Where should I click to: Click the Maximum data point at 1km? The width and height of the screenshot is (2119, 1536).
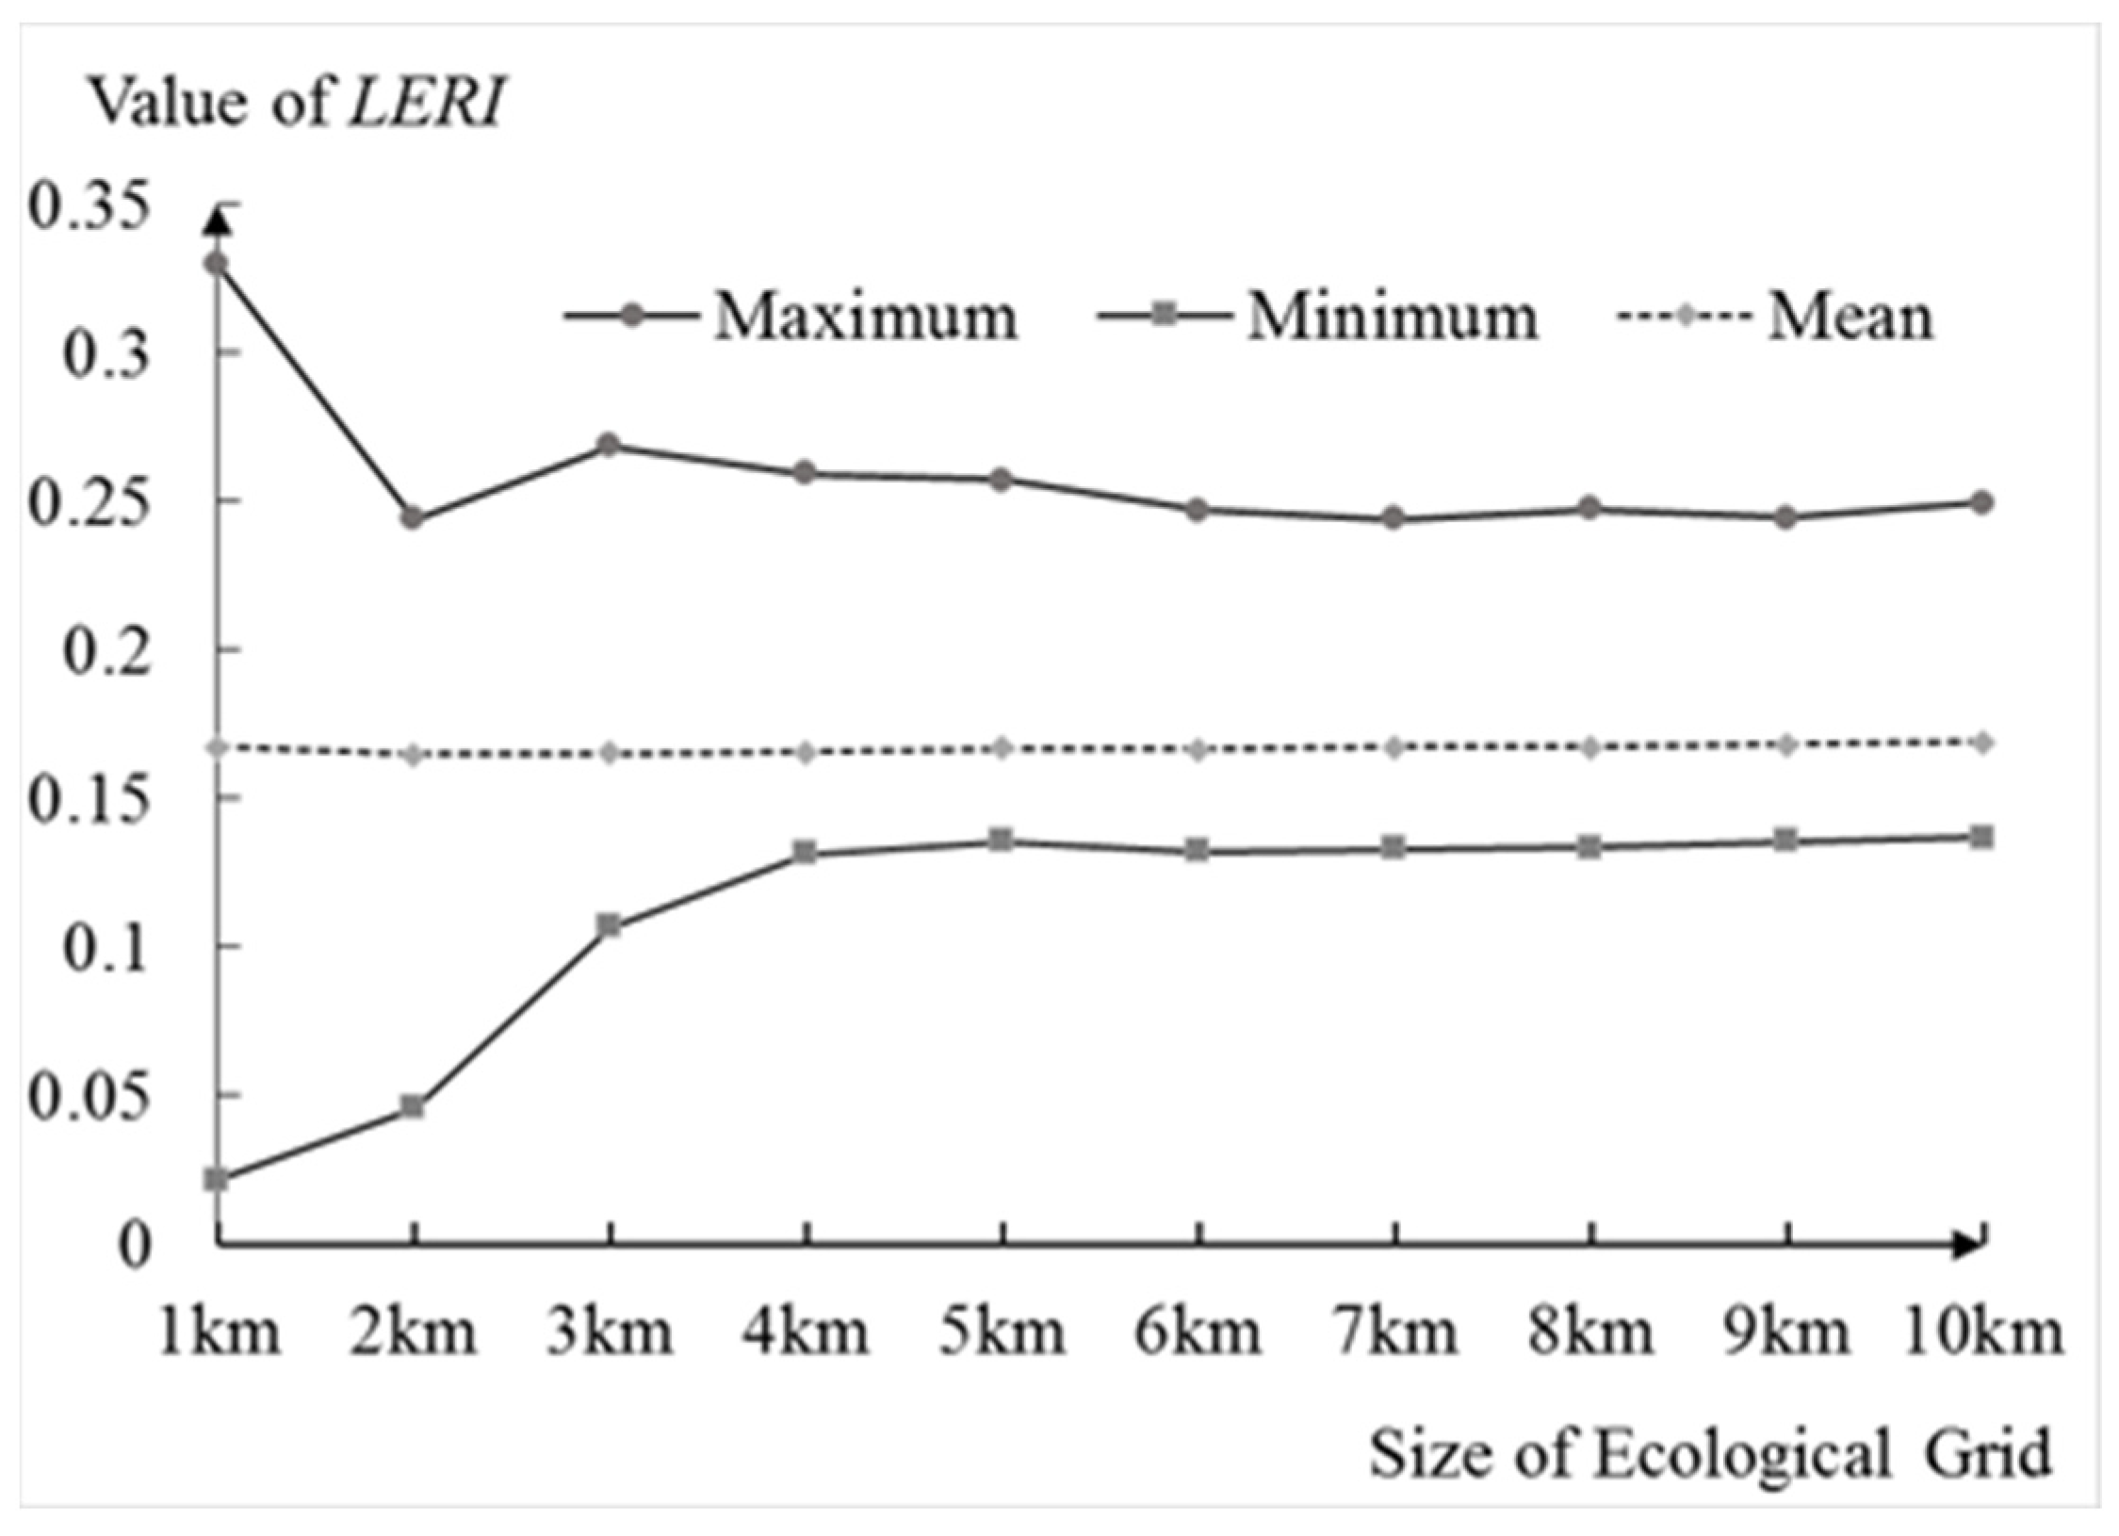(218, 263)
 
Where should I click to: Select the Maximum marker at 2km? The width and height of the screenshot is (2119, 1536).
(413, 518)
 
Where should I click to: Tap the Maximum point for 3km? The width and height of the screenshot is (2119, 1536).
(610, 445)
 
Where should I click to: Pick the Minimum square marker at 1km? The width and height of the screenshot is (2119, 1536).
(218, 1178)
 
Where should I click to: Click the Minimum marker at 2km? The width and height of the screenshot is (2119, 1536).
(413, 1106)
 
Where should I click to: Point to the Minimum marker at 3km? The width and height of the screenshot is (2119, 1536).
(610, 925)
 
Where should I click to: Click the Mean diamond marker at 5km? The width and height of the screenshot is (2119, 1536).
(1002, 748)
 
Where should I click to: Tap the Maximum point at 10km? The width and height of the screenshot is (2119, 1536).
(1981, 502)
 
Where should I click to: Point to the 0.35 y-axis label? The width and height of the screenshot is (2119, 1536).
(90, 207)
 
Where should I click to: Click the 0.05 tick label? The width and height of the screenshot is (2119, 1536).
(90, 1097)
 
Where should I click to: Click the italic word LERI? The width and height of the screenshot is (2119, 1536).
(426, 102)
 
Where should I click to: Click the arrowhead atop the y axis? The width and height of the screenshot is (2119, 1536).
(218, 221)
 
